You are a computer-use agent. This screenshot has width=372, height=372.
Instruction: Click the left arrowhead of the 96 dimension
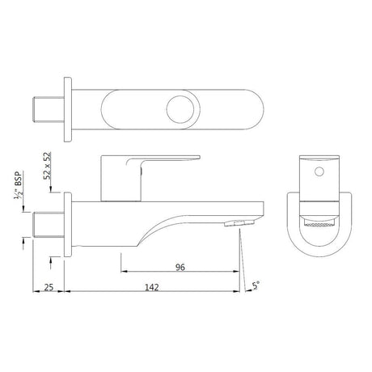click(124, 273)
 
